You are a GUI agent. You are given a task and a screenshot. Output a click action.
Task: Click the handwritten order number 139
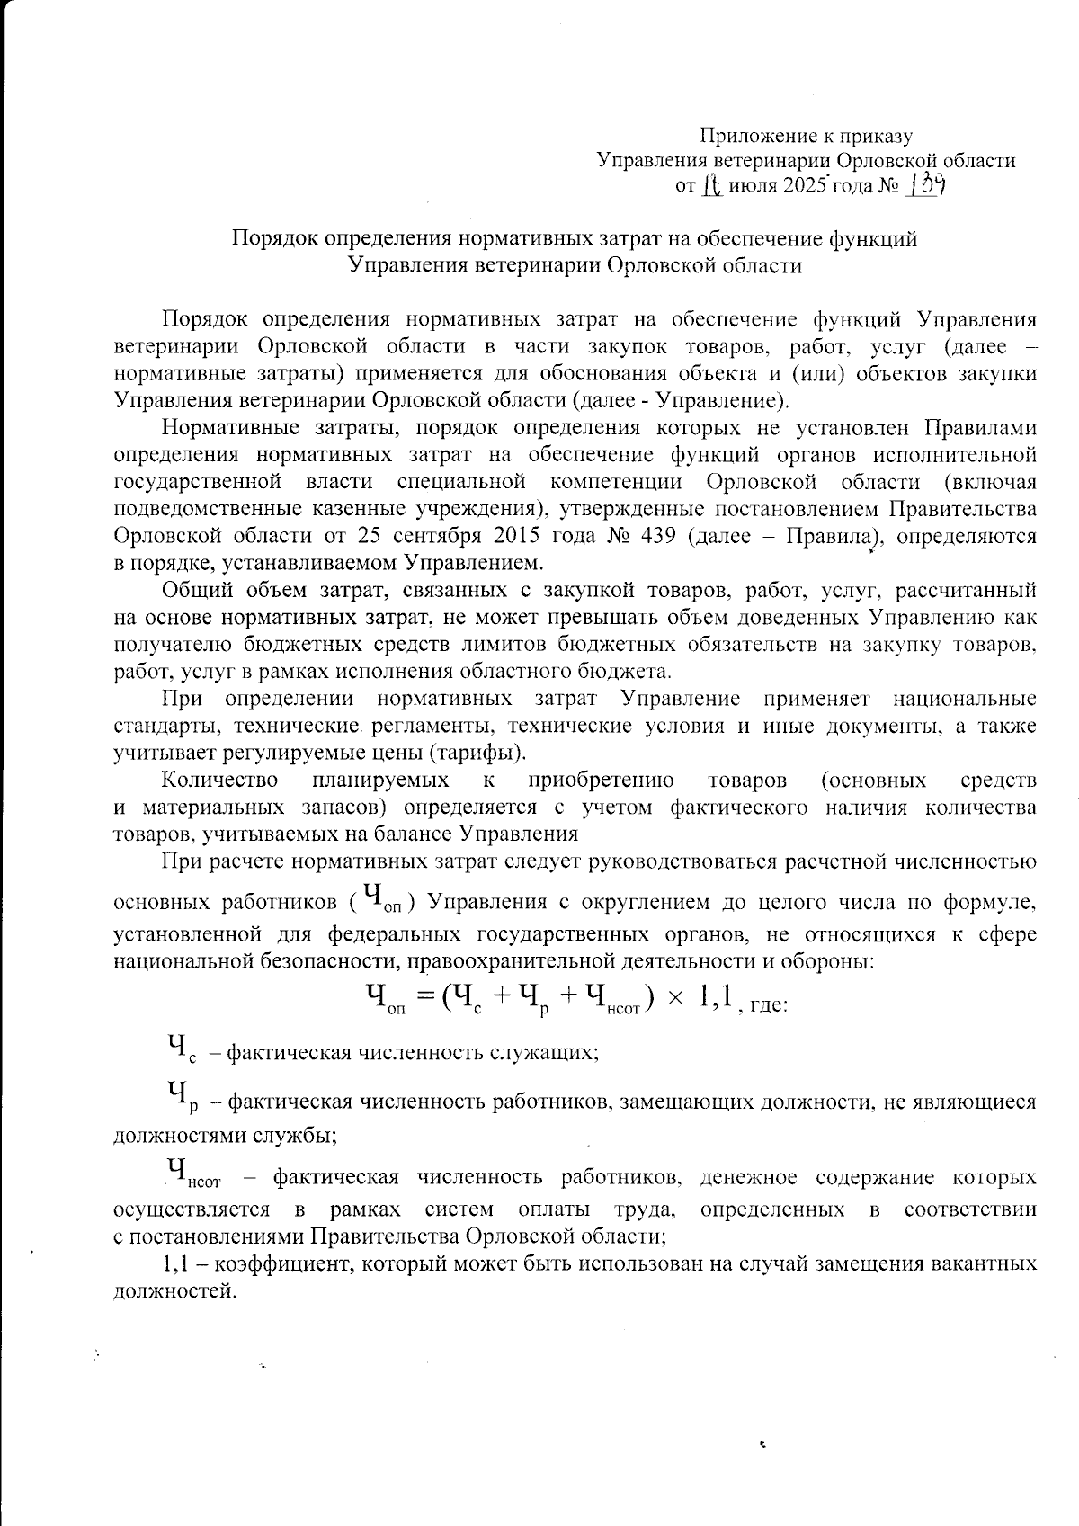tap(926, 185)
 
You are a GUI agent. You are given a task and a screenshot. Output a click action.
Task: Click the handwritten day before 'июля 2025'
tap(712, 186)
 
